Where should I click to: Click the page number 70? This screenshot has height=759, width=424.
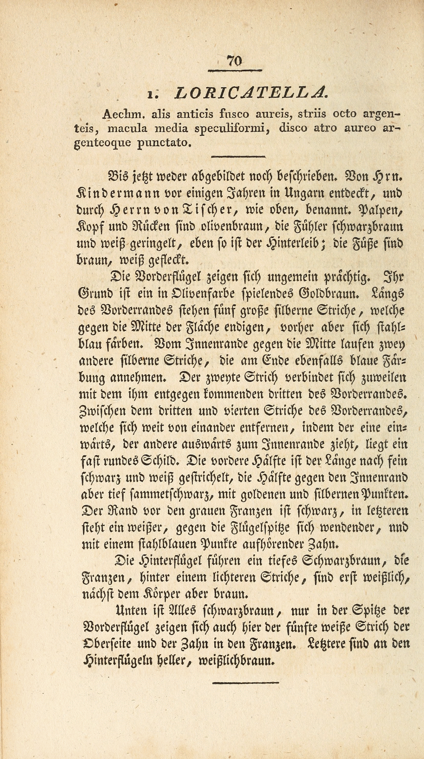point(234,61)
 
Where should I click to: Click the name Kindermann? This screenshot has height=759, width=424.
point(114,194)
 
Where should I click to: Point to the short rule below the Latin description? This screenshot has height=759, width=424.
point(238,157)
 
